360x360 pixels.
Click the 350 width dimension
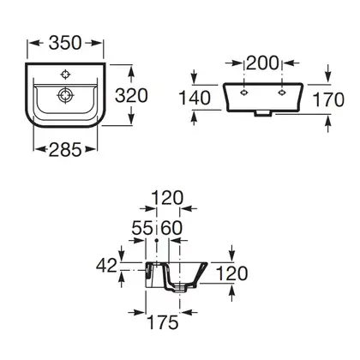click(65, 43)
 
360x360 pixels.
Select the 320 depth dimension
click(131, 95)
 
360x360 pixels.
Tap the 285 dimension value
click(65, 149)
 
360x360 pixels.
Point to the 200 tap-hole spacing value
click(262, 63)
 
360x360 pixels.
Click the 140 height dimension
click(195, 98)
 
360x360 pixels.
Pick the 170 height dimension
click(328, 99)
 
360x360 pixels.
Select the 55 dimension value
click(142, 228)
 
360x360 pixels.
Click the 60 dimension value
click(171, 228)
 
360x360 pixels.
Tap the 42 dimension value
click(106, 266)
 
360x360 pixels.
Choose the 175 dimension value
click(163, 322)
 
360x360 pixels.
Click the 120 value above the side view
click(167, 198)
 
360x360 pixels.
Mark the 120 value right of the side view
click(232, 273)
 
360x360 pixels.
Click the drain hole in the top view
click(66, 95)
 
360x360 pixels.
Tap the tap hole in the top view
click(66, 75)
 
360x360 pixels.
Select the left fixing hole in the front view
click(243, 93)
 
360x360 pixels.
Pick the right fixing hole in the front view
click(282, 93)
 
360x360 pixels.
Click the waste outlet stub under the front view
click(263, 114)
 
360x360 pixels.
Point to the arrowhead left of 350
click(34, 43)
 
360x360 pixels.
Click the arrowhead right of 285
click(90, 149)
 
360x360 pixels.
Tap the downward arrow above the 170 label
click(328, 74)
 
